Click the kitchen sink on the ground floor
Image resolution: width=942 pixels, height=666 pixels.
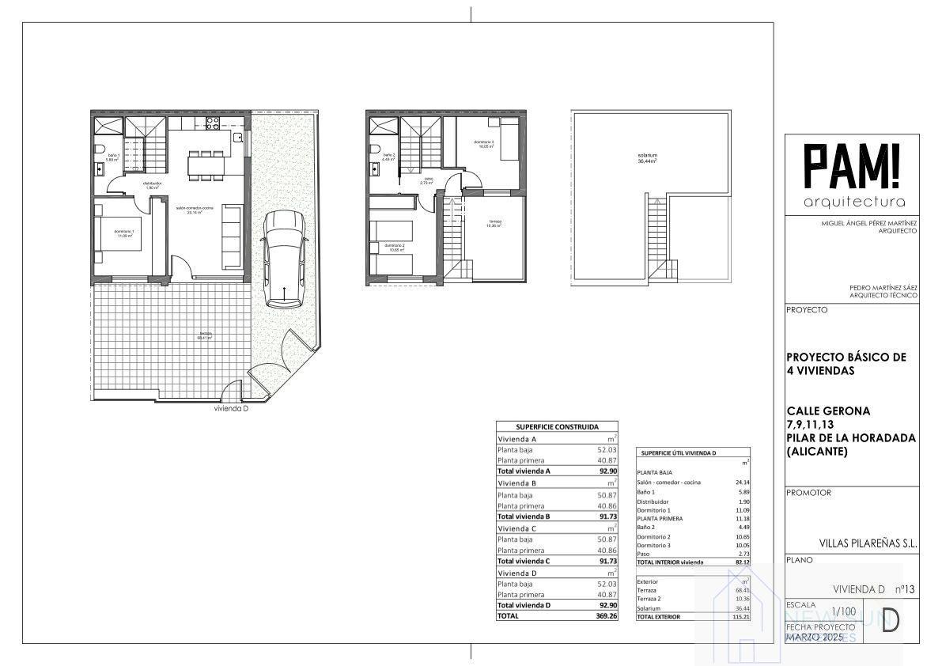click(x=236, y=137)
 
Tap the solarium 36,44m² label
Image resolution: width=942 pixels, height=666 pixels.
click(x=648, y=157)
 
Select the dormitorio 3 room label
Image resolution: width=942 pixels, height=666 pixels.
click(x=483, y=144)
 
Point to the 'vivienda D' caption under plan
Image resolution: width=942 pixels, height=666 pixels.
click(x=232, y=409)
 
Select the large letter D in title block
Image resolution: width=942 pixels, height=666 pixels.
click(x=890, y=621)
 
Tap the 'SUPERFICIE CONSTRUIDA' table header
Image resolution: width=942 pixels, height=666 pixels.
click(x=557, y=426)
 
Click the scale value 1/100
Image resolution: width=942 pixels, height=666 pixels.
click(x=843, y=611)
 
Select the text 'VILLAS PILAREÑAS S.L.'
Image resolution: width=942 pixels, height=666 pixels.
click(x=868, y=543)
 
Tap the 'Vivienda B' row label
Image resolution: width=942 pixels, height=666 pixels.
click(x=517, y=482)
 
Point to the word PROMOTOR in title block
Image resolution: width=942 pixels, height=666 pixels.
click(x=808, y=492)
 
